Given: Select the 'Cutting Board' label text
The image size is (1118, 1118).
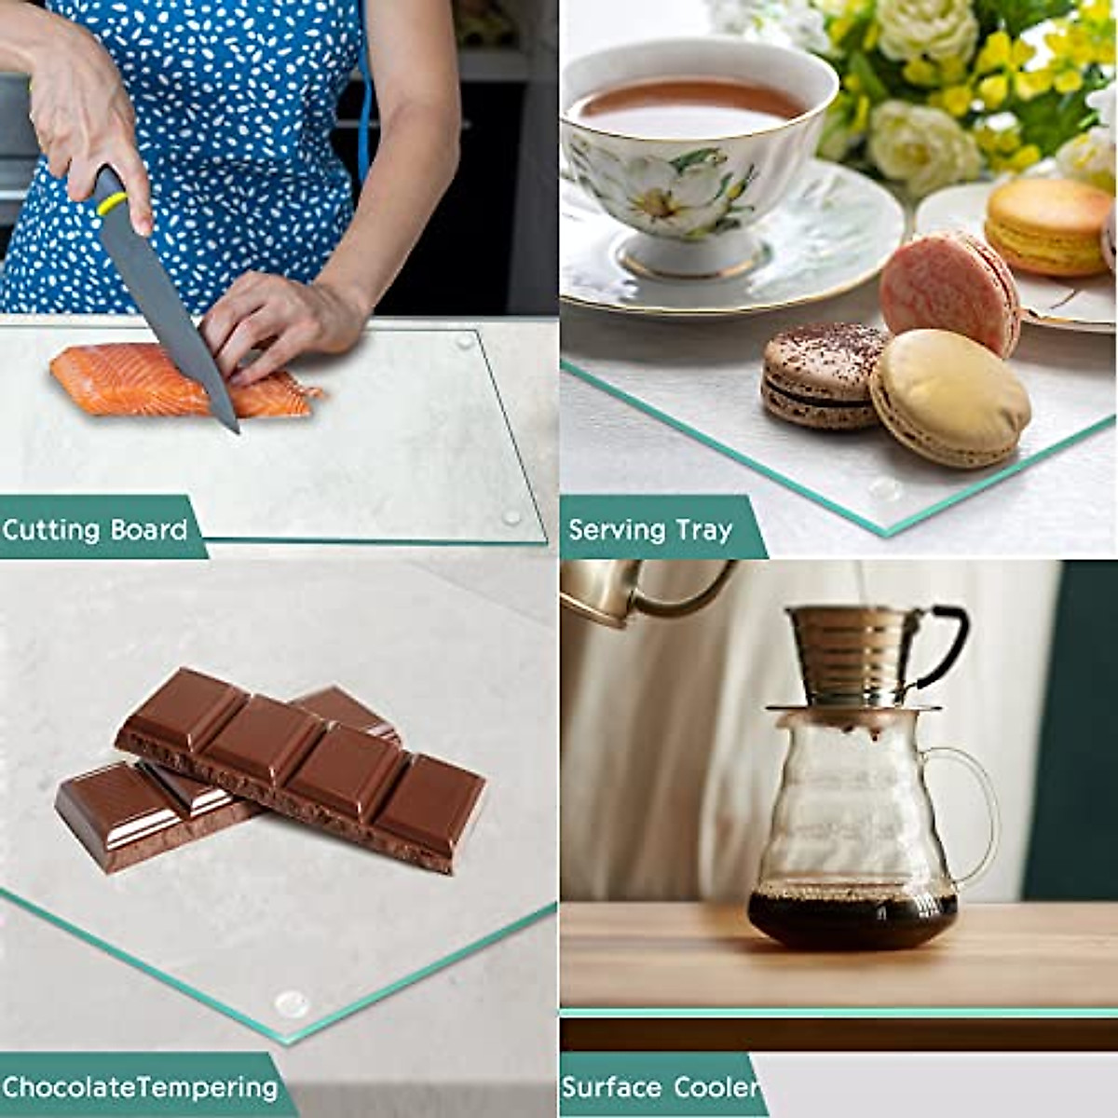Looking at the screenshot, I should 95,530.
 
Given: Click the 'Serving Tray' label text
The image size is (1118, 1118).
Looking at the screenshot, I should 650,530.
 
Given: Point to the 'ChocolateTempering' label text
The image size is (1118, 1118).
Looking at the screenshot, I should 140,1086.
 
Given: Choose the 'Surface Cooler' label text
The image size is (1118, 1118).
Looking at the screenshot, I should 659,1087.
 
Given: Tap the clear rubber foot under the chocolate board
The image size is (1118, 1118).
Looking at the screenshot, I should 292,1003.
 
